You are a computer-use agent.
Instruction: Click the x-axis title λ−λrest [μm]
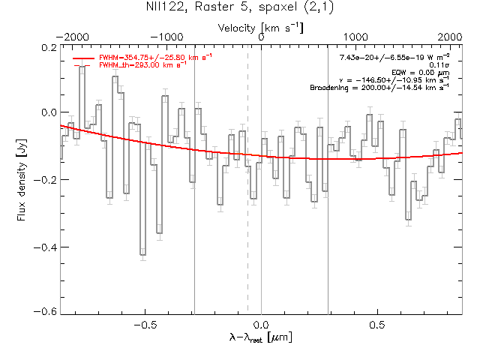(x=261, y=339)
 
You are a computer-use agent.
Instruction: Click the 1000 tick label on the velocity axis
(x=355, y=36)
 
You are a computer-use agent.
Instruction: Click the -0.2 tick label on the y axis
(x=44, y=180)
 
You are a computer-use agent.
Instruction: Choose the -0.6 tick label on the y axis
(x=44, y=311)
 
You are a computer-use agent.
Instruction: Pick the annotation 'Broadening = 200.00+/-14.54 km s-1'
(x=379, y=88)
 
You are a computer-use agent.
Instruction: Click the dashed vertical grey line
(x=247, y=225)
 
